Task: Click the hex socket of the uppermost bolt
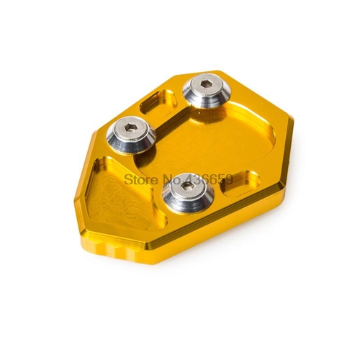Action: tap(204, 84)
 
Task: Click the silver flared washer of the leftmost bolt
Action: tap(130, 135)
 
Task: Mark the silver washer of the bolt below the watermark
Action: tap(188, 192)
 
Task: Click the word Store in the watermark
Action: tap(138, 180)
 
